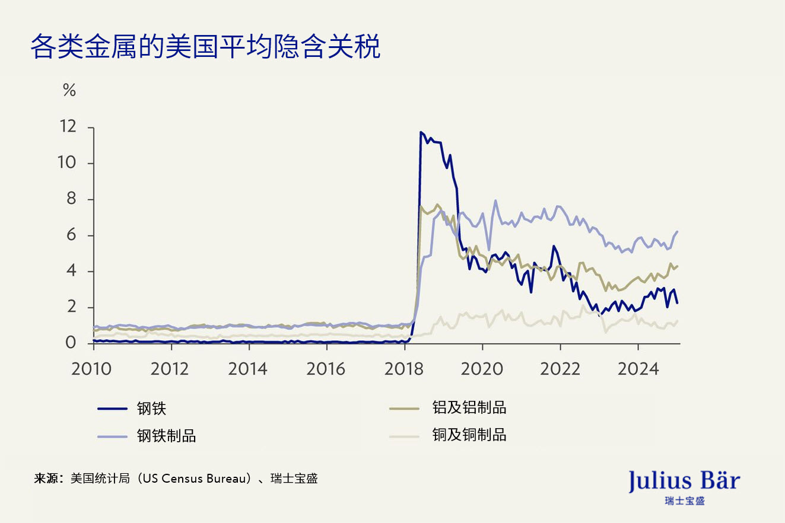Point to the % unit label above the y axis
pyautogui.click(x=69, y=91)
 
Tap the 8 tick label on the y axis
pyautogui.click(x=71, y=199)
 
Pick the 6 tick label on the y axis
pyautogui.click(x=71, y=235)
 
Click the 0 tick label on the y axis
pyautogui.click(x=71, y=343)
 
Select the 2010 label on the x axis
pyautogui.click(x=91, y=368)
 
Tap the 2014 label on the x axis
pyautogui.click(x=247, y=368)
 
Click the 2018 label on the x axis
pyautogui.click(x=404, y=368)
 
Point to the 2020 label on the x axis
pyautogui.click(x=482, y=368)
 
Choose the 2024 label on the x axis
pyautogui.click(x=638, y=368)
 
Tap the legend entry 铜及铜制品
pyautogui.click(x=469, y=435)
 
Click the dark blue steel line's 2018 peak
pyautogui.click(x=421, y=132)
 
